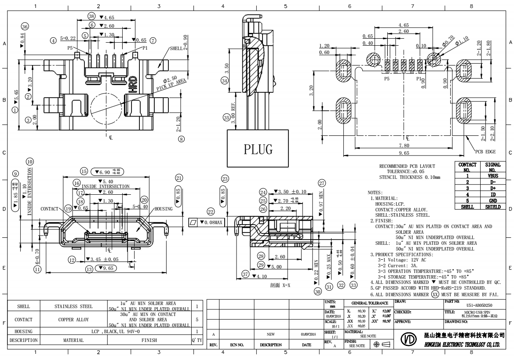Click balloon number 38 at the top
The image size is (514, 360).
point(91,16)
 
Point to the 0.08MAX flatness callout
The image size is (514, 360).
point(211,223)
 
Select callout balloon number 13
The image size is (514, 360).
point(90,268)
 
